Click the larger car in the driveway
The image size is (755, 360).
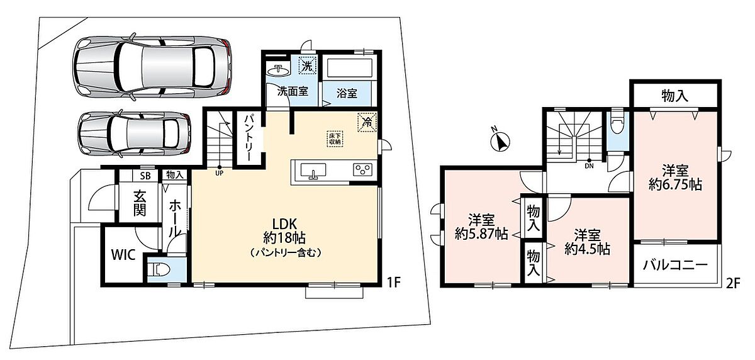152,67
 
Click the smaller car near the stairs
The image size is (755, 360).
134,133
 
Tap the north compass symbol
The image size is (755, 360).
500,141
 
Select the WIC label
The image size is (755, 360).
123,255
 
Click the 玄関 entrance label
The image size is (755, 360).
139,203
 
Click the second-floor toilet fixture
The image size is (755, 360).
616,122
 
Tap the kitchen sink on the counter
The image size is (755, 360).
313,171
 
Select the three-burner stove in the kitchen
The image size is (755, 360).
362,169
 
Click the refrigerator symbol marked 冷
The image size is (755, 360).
367,121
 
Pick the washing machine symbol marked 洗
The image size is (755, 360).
307,65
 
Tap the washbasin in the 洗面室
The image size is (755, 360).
277,70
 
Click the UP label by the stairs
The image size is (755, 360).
220,174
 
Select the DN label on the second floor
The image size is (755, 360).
589,166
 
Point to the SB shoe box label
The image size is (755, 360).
145,176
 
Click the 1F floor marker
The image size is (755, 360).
393,283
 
